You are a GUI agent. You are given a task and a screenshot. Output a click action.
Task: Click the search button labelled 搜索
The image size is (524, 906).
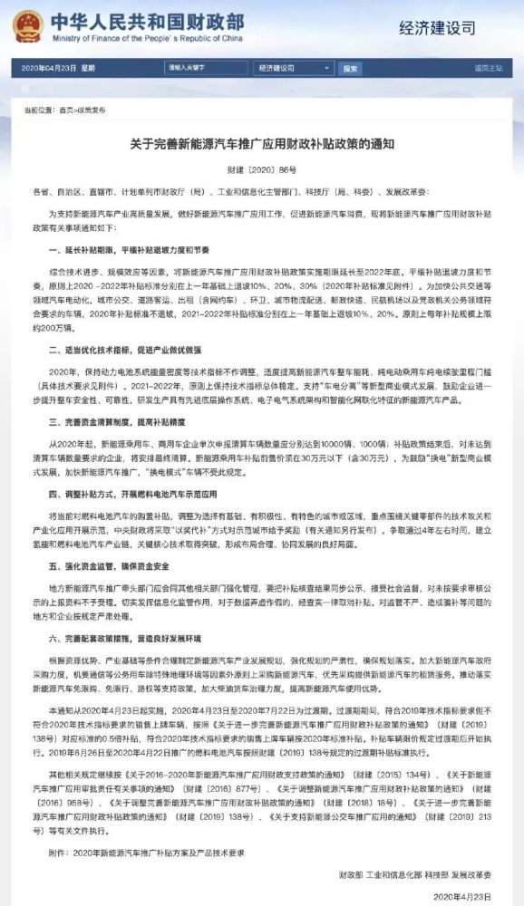tap(350, 68)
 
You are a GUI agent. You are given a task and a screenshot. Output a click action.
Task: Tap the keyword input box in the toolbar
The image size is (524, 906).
tap(206, 68)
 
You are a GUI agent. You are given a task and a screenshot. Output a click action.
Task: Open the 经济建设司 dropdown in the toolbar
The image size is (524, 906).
tap(294, 68)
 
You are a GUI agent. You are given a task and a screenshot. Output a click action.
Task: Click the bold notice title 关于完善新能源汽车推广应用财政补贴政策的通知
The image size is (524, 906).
tap(261, 145)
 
